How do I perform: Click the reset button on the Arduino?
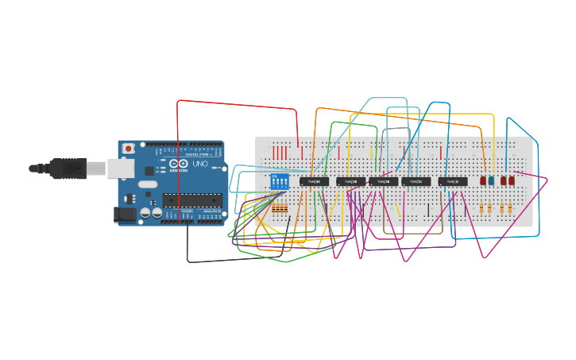click(x=129, y=149)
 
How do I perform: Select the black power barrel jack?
click(x=125, y=213)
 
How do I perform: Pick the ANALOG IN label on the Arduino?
click(x=208, y=211)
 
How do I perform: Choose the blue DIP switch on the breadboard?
click(x=280, y=181)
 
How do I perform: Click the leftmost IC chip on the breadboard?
click(x=315, y=181)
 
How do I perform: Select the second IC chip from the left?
click(x=351, y=181)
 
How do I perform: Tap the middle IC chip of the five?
click(x=383, y=181)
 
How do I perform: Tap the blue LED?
click(x=491, y=181)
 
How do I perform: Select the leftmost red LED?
click(x=483, y=181)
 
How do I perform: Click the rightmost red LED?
click(x=511, y=181)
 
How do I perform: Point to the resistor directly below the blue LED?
click(x=490, y=208)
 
